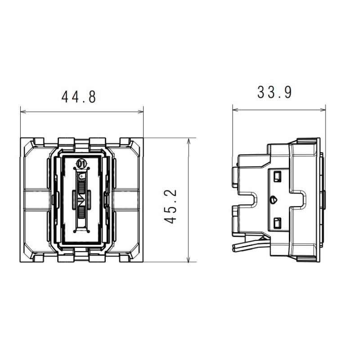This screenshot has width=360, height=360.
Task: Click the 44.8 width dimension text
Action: [79, 97]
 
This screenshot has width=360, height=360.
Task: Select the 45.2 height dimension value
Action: [171, 207]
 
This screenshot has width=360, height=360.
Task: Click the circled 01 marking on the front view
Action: [81, 164]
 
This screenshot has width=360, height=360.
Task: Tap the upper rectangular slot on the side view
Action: [277, 174]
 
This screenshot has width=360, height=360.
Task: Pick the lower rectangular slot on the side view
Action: [277, 222]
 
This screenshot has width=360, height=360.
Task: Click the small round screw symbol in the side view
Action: [274, 198]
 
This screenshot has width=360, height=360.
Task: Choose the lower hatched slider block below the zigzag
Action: [81, 213]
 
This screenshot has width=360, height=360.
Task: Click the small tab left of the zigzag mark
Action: [73, 197]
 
